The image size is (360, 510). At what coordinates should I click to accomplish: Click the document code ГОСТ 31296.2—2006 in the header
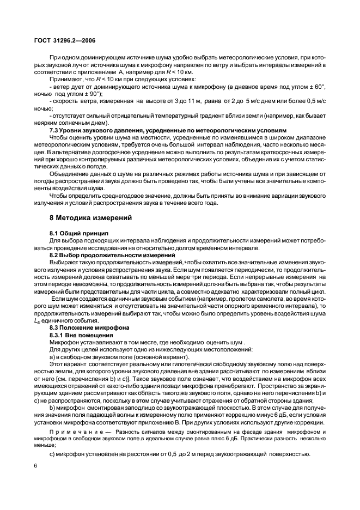tap(65, 40)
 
